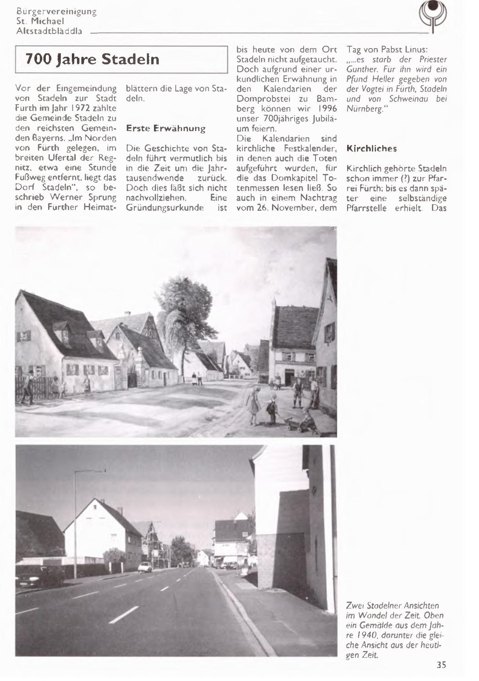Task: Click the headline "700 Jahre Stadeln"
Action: coord(92,59)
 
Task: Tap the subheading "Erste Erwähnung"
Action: coord(166,128)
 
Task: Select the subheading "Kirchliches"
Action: coord(371,149)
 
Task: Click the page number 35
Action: coord(441,665)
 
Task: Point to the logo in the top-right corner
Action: coord(433,16)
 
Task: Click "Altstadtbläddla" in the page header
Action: coord(49,31)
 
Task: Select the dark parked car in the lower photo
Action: coord(40,575)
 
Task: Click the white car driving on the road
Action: coord(145,567)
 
